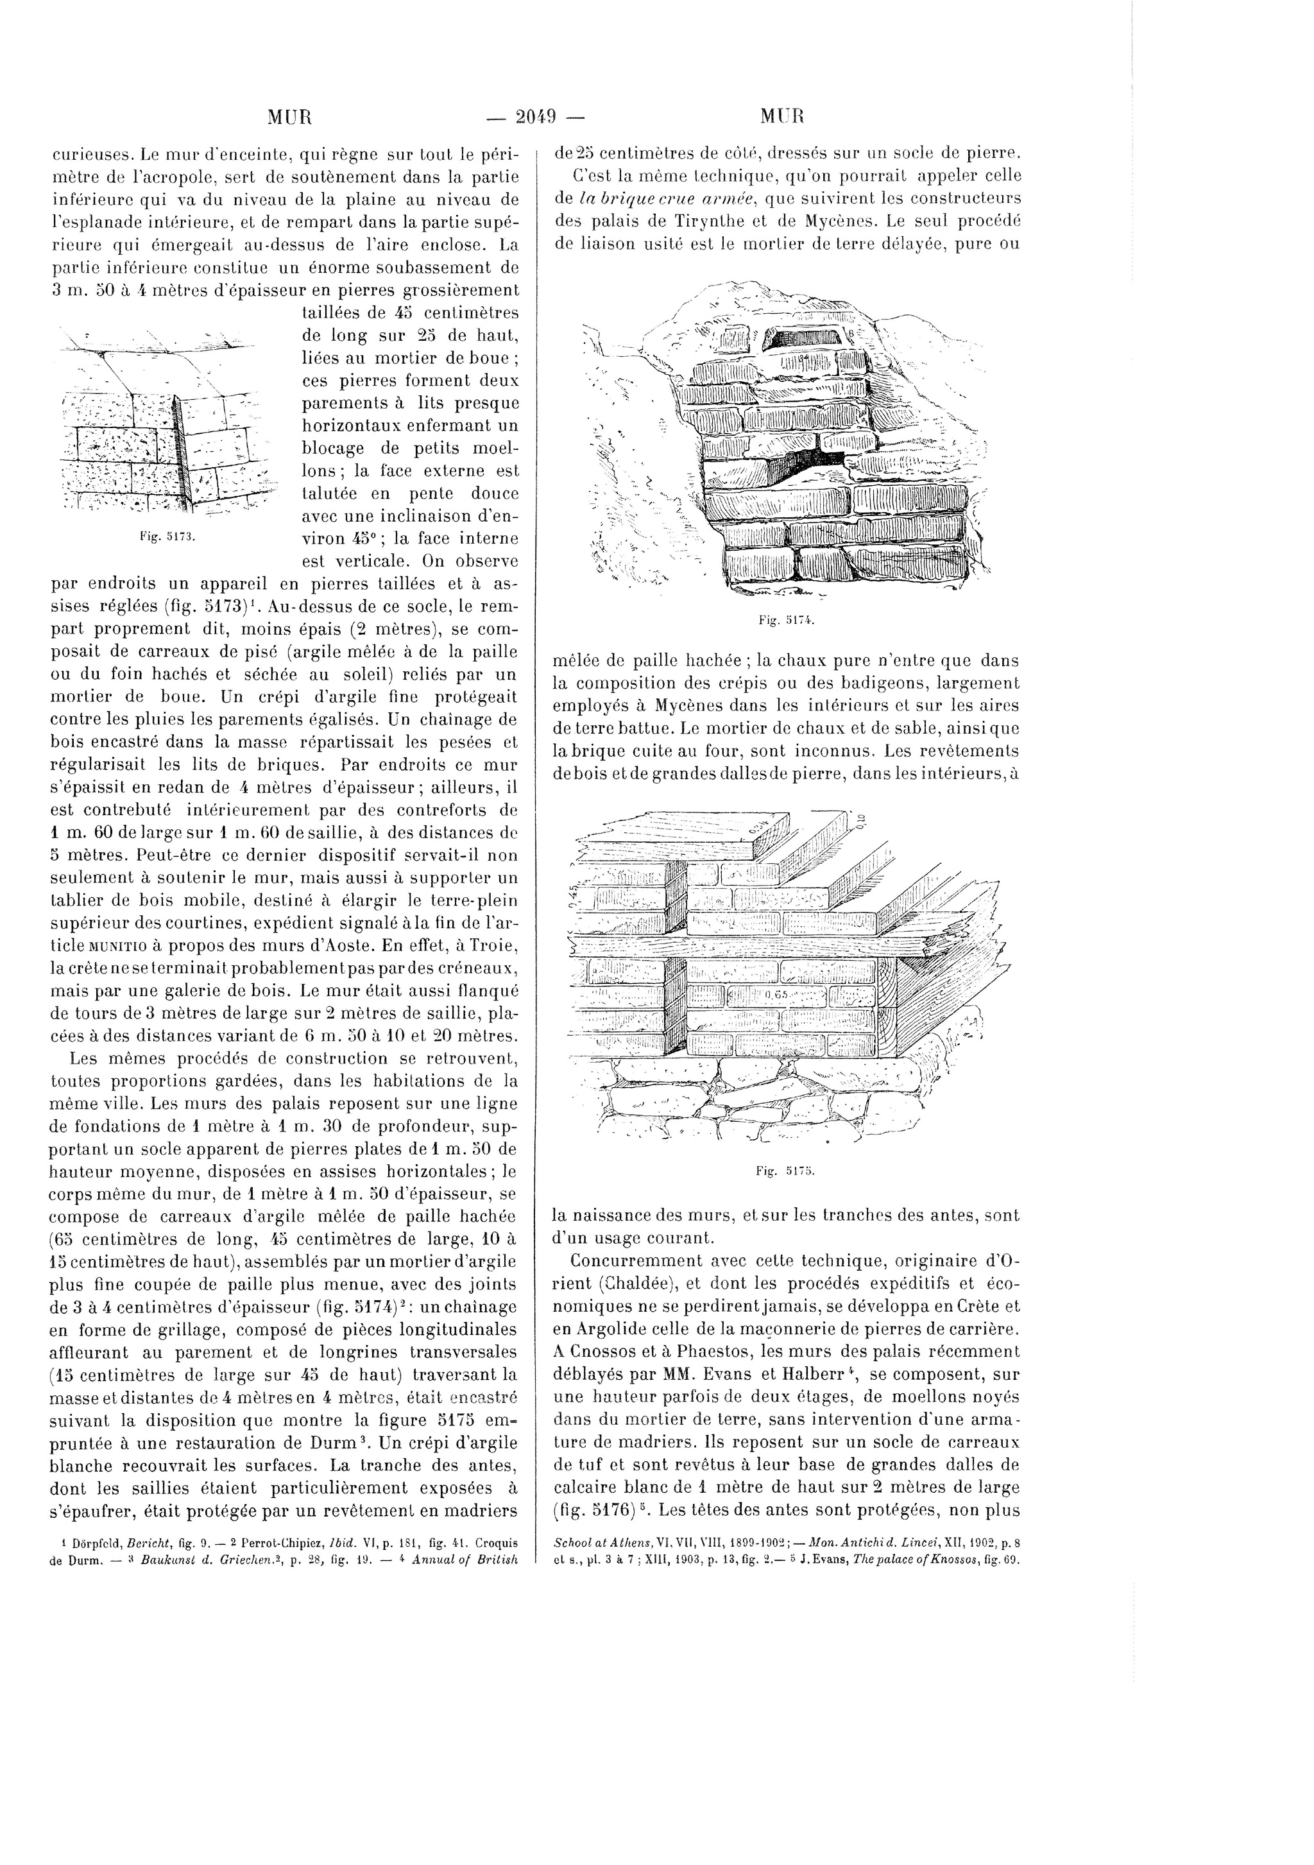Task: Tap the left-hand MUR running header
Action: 290,117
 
